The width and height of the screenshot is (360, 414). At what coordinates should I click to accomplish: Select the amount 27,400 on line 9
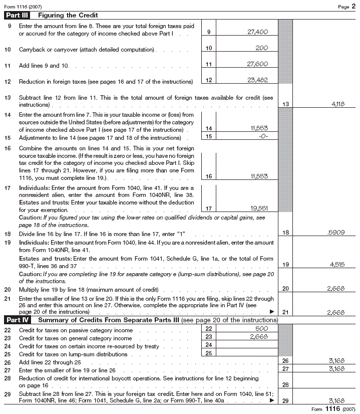point(258,32)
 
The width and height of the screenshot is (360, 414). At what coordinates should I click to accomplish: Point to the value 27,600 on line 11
point(258,64)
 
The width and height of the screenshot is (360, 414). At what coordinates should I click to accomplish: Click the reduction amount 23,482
point(258,80)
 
